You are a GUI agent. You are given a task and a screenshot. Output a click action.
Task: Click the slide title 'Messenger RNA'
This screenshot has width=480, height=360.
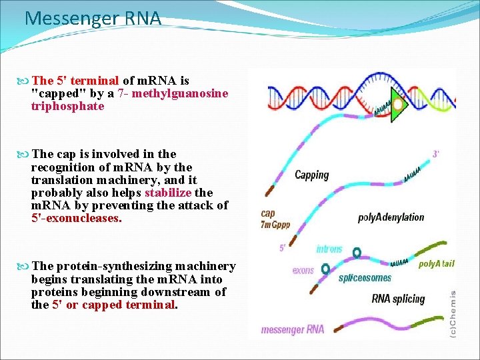click(x=93, y=18)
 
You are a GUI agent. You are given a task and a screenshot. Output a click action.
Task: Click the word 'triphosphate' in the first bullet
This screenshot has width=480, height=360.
click(x=67, y=106)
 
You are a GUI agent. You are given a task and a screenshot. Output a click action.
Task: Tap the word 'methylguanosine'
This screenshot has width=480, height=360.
click(x=180, y=93)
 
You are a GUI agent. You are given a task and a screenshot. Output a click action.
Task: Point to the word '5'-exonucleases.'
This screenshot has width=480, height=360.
click(x=77, y=218)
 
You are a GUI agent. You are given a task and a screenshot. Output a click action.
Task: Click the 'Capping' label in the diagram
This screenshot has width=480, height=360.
click(x=312, y=175)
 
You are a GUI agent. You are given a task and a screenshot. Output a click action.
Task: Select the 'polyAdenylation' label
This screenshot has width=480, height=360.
click(x=391, y=217)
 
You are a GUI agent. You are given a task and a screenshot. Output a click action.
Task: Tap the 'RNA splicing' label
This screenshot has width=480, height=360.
click(x=398, y=299)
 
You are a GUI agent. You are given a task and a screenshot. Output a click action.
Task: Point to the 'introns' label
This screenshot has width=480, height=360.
click(x=329, y=249)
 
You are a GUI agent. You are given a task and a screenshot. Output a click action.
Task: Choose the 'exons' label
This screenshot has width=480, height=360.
click(x=303, y=271)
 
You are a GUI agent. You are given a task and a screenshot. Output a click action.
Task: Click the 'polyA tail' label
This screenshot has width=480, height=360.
click(x=436, y=264)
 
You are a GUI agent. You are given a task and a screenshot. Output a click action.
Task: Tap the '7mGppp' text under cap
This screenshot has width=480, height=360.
click(x=275, y=225)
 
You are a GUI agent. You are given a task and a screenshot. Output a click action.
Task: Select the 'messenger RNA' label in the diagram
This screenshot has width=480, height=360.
click(x=293, y=329)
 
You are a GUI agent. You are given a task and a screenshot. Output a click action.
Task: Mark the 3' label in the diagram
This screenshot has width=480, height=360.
click(x=435, y=154)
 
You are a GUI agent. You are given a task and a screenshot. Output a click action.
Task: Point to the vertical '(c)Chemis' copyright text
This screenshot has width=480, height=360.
click(x=453, y=313)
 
